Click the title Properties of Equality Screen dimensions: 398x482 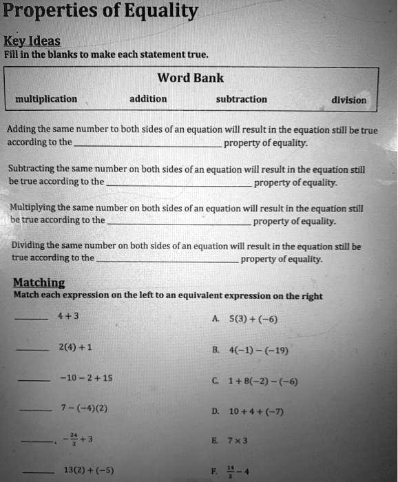point(101,12)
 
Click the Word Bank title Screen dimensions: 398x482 point(191,78)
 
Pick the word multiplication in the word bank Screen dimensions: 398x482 point(46,99)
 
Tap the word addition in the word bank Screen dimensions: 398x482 point(148,99)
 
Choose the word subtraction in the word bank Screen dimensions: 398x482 point(241,99)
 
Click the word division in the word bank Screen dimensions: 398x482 point(348,100)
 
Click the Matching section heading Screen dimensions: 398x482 point(39,282)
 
